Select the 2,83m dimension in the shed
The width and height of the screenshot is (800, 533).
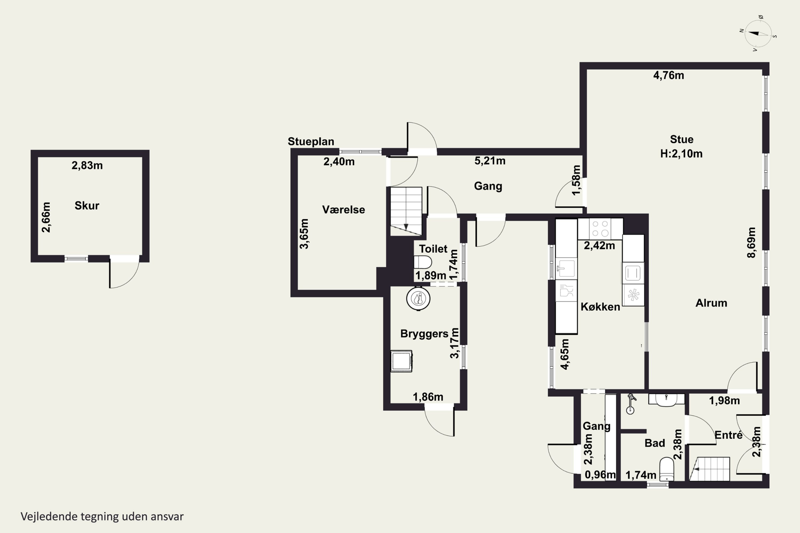point(87,165)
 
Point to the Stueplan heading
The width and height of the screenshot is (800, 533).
point(311,142)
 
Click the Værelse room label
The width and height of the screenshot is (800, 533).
point(343,210)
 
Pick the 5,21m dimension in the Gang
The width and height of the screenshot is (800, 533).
point(490,161)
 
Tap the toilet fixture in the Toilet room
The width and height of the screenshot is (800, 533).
point(423,262)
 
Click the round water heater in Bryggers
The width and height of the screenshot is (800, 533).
point(418,299)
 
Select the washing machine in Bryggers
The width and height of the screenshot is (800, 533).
point(401,361)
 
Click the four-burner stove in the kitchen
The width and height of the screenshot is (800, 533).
point(600,229)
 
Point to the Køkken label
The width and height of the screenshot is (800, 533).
point(600,307)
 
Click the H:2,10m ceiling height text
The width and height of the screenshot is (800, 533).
point(681,154)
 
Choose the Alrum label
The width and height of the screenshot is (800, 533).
point(711,303)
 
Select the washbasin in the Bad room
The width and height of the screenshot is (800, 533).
point(666,400)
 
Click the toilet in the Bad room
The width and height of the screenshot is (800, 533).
point(667,469)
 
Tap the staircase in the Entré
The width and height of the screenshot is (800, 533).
point(710,469)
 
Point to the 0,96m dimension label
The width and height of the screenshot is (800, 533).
point(600,475)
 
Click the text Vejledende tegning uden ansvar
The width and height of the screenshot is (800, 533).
point(102,516)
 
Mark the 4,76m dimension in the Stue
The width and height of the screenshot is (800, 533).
point(669,75)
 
